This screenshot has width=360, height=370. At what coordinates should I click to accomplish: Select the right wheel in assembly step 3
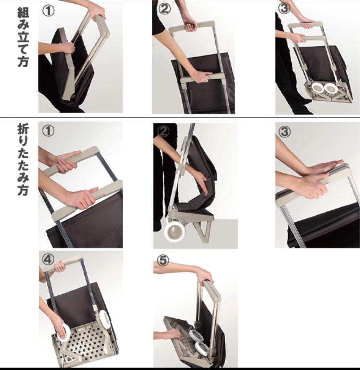coord(331,88)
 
